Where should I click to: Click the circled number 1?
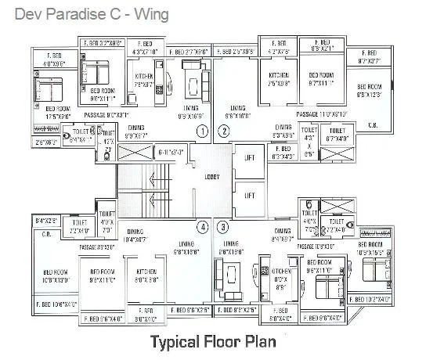coord(202,131)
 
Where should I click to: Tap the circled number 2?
coord(224,131)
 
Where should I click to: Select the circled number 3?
coord(224,228)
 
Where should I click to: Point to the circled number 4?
coord(202,228)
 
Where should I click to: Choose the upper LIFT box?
coord(250,158)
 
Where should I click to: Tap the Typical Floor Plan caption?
coord(213,342)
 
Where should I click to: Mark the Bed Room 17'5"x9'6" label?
coord(48,113)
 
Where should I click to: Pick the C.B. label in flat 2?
coord(373,125)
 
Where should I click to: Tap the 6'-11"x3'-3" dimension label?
coord(170,151)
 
